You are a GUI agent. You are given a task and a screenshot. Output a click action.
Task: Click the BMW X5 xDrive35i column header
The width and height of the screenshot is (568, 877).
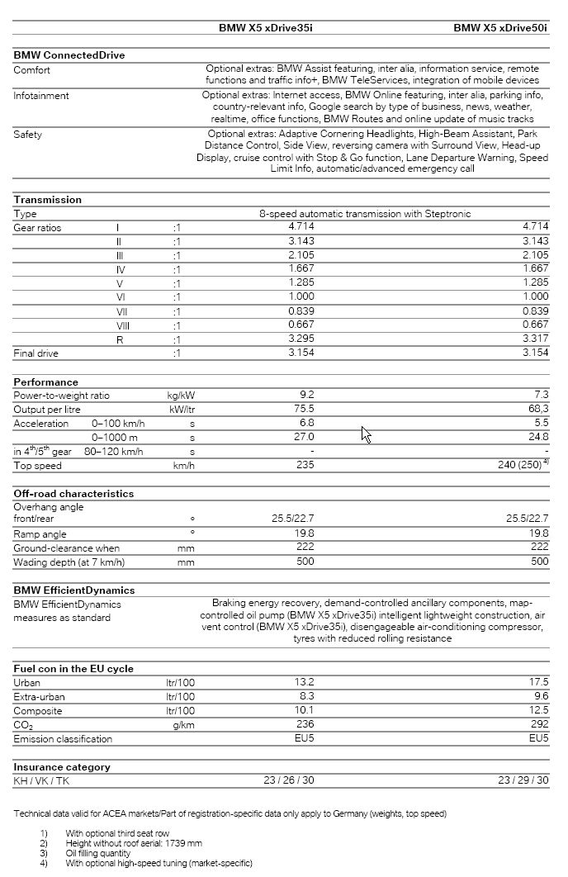265,28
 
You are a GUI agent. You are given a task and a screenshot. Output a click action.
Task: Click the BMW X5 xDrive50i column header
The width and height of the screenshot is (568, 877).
500,28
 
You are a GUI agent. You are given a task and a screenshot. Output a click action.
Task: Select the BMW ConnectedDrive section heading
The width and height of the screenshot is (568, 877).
69,55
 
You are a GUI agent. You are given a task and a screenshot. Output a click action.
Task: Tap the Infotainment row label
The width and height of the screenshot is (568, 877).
41,96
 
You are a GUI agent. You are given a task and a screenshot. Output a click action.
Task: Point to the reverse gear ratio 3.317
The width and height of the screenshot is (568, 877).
535,339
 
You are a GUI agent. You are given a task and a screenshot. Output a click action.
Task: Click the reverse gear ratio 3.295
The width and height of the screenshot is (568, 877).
301,339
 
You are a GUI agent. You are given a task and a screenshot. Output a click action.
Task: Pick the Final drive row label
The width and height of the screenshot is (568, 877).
35,353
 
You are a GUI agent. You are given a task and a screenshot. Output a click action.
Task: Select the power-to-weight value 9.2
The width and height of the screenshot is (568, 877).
307,396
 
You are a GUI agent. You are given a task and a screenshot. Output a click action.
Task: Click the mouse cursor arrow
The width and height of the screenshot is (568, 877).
366,434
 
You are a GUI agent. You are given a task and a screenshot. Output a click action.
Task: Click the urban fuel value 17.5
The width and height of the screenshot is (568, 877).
539,682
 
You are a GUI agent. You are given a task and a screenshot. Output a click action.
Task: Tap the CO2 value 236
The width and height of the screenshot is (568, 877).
305,724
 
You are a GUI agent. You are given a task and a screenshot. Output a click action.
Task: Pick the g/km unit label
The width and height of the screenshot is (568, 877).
182,724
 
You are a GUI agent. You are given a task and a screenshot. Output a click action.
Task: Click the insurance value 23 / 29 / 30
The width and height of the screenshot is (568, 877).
523,780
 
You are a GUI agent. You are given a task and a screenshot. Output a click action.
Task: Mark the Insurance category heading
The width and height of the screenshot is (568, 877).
62,767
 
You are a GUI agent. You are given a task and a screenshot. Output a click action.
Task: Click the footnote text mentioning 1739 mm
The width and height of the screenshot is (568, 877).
135,844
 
